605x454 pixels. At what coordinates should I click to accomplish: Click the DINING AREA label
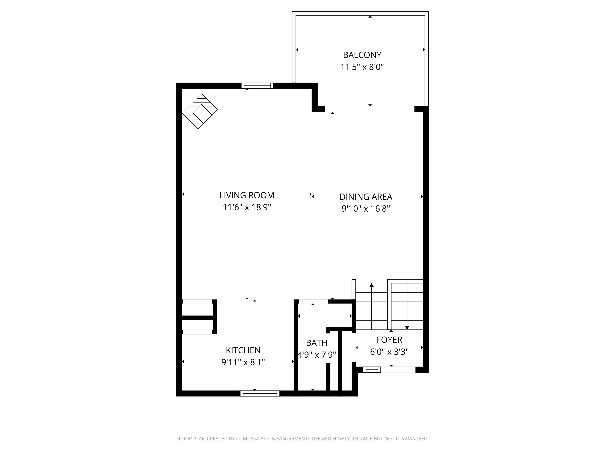click(366, 197)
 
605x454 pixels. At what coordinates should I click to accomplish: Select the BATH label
click(316, 343)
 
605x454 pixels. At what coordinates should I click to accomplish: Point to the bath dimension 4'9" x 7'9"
click(316, 355)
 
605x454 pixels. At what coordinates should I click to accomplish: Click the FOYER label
click(389, 340)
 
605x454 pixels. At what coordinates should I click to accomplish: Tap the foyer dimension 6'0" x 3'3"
click(389, 352)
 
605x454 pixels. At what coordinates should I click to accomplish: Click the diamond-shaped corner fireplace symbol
click(200, 111)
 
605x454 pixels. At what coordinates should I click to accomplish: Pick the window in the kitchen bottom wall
click(260, 394)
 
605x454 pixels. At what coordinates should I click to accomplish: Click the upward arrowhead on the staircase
click(371, 286)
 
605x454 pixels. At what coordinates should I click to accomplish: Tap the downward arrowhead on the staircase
click(407, 327)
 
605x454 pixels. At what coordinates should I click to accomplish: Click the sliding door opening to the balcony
click(369, 109)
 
